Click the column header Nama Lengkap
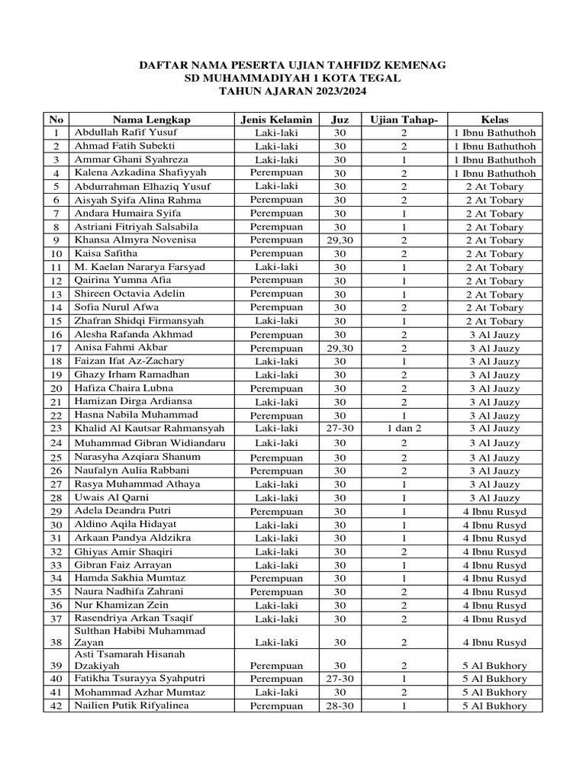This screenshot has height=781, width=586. tap(151, 119)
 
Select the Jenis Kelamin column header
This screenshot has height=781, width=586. tap(276, 119)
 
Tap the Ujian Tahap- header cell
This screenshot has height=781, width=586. tap(404, 119)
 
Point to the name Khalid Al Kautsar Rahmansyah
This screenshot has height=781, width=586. tap(149, 428)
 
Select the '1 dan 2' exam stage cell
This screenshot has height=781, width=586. tap(404, 429)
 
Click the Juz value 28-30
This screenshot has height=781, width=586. tap(340, 706)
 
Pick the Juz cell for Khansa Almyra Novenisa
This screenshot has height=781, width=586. tap(340, 240)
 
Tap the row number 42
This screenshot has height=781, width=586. tap(56, 706)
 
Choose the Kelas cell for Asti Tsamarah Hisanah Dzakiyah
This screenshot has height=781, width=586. tap(494, 665)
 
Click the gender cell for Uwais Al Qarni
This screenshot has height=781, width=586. tap(276, 498)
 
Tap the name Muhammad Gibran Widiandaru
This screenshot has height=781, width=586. tap(149, 442)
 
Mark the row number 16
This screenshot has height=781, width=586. tap(56, 335)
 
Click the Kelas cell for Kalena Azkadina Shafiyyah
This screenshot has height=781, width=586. tap(494, 173)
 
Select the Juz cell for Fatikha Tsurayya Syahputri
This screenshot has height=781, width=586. tap(340, 679)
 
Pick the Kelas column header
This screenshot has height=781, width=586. tap(494, 119)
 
